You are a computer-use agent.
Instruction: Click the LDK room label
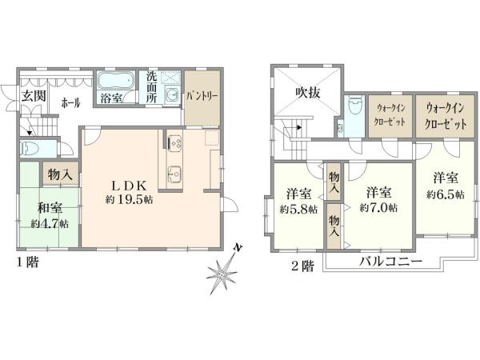point(129,186)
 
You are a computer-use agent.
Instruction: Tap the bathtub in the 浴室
point(116,80)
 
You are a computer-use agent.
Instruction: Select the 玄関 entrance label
point(34,96)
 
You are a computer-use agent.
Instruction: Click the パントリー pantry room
point(202,98)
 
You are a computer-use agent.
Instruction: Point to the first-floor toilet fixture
point(29,149)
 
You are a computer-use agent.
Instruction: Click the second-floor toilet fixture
point(355,106)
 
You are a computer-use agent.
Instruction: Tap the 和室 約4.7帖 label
point(50,215)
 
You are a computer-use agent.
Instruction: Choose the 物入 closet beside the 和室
point(60,174)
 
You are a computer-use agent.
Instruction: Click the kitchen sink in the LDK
point(174,174)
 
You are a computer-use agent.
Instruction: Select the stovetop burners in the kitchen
point(174,142)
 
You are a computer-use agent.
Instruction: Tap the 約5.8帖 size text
point(298,210)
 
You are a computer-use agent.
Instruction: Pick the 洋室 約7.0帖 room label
point(378,200)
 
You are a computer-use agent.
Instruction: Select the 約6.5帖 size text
point(446,194)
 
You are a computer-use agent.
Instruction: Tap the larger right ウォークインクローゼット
point(446,116)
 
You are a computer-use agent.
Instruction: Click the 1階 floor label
point(27,262)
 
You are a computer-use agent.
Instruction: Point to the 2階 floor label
point(302,266)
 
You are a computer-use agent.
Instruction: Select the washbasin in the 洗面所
point(172,95)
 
